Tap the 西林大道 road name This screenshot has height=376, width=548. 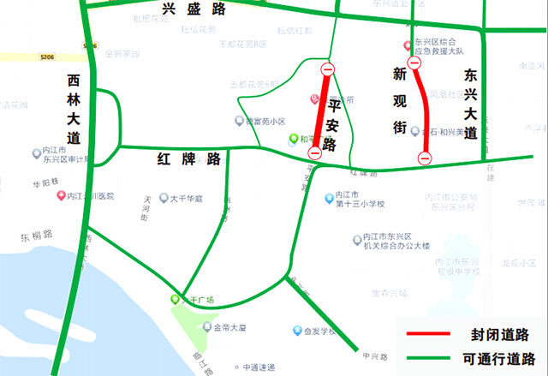click(75, 108)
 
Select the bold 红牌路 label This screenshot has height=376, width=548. click(189, 159)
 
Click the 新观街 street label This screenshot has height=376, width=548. click(398, 101)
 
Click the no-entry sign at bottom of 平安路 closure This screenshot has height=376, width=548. click(314, 152)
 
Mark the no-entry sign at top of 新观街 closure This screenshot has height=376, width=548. click(414, 62)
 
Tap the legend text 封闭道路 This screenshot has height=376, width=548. click(499, 333)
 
